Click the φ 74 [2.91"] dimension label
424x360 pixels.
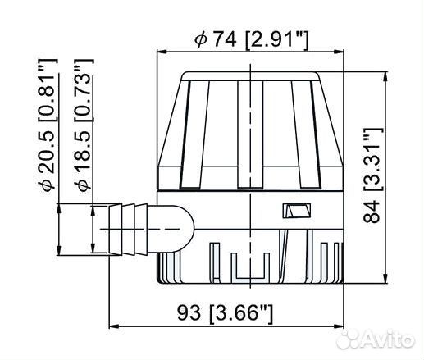[x=251, y=40]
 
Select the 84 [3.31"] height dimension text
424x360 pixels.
[x=372, y=175]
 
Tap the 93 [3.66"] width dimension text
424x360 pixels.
[x=225, y=313]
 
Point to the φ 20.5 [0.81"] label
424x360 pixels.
[x=48, y=125]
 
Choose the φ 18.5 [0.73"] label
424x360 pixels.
[x=84, y=125]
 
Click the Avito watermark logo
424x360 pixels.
[x=375, y=340]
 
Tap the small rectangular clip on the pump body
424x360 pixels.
[x=297, y=211]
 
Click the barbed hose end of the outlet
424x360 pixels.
[x=128, y=229]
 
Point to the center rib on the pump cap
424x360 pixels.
[x=250, y=134]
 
